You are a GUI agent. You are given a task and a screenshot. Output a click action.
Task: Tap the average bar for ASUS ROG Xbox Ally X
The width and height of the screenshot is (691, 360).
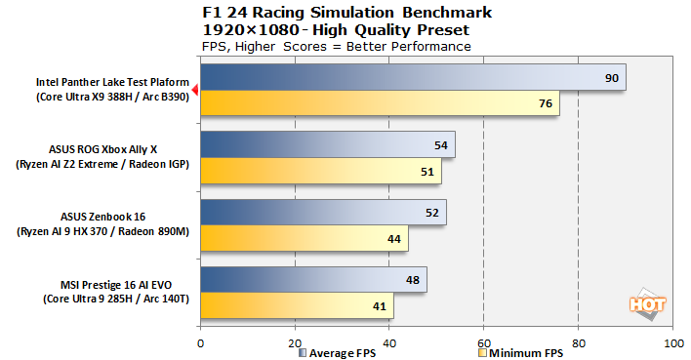327,144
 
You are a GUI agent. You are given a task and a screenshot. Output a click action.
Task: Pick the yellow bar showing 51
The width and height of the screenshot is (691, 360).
320,171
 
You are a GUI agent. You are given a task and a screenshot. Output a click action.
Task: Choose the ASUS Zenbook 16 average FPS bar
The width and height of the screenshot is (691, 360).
322,212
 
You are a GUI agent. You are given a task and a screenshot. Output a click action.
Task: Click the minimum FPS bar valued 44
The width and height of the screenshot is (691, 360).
304,238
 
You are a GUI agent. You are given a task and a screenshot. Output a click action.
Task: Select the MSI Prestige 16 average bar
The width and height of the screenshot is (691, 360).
312,279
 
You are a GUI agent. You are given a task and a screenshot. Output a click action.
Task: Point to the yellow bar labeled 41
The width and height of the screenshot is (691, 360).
296,305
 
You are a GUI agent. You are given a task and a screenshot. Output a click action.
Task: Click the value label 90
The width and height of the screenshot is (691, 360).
612,78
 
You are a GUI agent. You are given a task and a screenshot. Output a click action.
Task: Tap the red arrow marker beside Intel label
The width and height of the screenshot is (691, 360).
195,91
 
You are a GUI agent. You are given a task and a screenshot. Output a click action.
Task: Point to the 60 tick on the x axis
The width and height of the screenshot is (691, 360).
484,342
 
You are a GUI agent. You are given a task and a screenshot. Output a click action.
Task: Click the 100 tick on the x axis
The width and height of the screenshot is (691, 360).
672,342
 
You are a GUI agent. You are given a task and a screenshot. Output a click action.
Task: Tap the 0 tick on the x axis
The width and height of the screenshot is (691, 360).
200,342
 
